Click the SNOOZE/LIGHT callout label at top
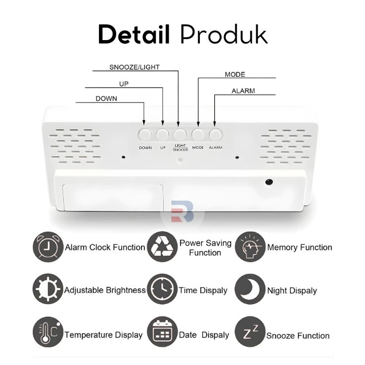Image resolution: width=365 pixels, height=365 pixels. coord(134,67)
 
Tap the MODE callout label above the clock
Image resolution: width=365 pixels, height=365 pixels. coord(235,75)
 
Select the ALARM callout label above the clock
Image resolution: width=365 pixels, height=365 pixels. coord(243,91)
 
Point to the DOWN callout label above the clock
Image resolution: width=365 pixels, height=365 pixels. coord(106,98)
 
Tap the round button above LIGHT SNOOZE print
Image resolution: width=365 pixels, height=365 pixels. coord(180,134)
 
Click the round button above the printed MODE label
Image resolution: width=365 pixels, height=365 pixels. coord(198,134)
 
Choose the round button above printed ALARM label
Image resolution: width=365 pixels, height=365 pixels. coord(215,134)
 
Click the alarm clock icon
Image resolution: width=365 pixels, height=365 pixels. coord(48,247)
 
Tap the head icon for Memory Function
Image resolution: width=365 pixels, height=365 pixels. coord(249,247)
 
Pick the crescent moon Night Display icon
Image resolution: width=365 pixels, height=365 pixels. coord(249,290)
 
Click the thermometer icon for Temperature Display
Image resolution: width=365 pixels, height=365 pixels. coord(48,334)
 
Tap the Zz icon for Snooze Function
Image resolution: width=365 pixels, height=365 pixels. coord(249,334)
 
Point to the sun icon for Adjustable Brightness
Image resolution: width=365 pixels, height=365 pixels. coord(48,290)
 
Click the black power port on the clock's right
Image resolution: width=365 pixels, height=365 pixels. coord(270,182)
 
